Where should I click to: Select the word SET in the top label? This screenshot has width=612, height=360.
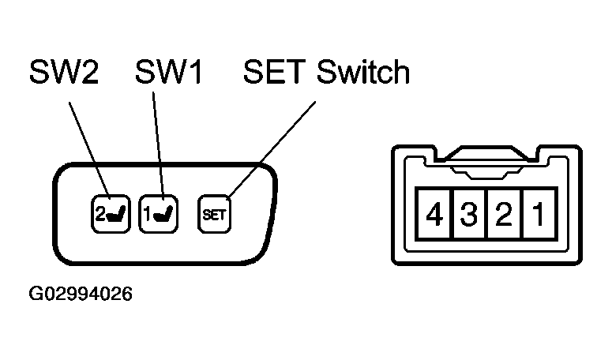[x=275, y=73]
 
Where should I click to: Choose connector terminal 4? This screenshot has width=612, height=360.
[x=433, y=215]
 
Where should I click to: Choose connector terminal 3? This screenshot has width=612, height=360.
[x=468, y=215]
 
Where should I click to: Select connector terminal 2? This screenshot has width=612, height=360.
[x=503, y=215]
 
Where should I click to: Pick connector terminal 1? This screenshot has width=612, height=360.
[x=537, y=215]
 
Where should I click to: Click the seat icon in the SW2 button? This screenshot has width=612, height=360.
[x=111, y=214]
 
